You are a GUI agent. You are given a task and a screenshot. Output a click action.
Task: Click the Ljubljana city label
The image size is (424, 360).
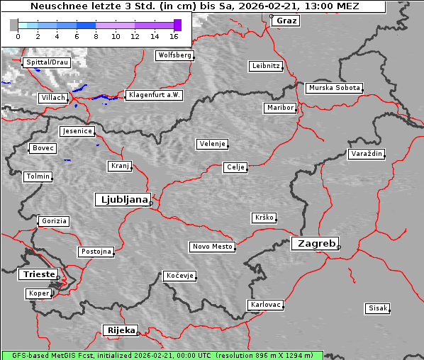tap(122, 200)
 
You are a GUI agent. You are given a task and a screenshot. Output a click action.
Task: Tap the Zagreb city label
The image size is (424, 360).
tap(314, 243)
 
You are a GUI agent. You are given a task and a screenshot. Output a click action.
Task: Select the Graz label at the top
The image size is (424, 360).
tap(286, 21)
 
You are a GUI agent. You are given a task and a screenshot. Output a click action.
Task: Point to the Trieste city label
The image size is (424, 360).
tap(37, 274)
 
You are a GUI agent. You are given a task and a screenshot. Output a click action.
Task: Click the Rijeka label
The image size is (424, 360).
tap(121, 330)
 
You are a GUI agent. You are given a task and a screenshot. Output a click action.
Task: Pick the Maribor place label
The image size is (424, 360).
tap(279, 108)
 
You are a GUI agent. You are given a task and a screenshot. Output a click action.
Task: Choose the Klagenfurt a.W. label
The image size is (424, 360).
tap(154, 95)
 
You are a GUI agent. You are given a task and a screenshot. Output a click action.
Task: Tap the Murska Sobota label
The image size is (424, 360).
tap(334, 89)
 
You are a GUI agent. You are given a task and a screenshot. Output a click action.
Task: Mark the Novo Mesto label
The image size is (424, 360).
tap(212, 247)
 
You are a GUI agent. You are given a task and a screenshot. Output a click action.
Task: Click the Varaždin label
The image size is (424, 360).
tap(367, 154)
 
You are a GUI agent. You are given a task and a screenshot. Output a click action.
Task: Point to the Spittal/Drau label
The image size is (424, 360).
tap(47, 62)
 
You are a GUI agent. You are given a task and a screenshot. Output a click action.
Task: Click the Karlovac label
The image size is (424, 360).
tap(266, 305)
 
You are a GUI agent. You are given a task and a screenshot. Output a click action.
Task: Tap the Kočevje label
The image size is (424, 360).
tap(179, 275)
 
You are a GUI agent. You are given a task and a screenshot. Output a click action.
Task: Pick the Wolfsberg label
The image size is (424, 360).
tap(174, 55)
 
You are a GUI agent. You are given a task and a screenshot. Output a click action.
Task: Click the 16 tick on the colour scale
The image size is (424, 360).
tap(174, 35)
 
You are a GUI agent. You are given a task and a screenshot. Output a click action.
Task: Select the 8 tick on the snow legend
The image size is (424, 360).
tap(96, 35)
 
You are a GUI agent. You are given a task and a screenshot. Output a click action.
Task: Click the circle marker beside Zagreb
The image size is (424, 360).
tap(339, 247)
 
